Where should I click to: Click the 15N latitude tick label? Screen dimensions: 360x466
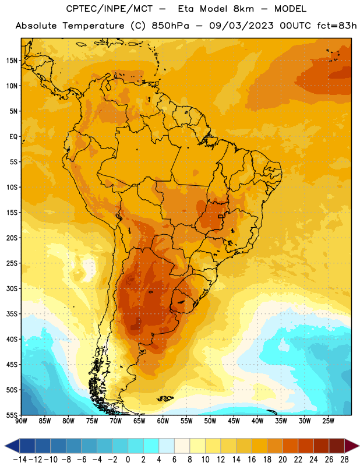click(12, 61)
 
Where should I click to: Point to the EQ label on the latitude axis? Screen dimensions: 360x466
click(13, 137)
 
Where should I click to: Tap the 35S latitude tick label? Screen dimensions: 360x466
click(12, 314)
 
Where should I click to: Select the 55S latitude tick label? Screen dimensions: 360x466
click(12, 415)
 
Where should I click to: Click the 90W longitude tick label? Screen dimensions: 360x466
click(21, 421)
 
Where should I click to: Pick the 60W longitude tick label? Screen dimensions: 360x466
click(163, 421)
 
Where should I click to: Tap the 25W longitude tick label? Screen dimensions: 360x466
click(328, 421)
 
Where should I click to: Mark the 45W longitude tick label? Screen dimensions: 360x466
click(234, 421)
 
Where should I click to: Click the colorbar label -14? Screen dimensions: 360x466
click(20, 460)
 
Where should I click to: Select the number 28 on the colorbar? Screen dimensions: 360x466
click(344, 460)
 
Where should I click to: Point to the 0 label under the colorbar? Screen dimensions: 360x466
click(128, 460)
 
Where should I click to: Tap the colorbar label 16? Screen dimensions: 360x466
click(252, 460)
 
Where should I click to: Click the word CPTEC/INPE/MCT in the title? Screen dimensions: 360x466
click(109, 9)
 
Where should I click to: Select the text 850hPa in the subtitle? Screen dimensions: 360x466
click(170, 26)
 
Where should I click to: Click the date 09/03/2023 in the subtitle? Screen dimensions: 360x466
click(241, 26)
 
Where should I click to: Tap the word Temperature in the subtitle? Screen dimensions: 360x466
click(93, 26)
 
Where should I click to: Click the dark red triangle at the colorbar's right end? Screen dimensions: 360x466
click(352, 446)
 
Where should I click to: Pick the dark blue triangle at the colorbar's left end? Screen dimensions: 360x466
click(12, 446)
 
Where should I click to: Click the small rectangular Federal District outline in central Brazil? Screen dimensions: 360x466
click(221, 216)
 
